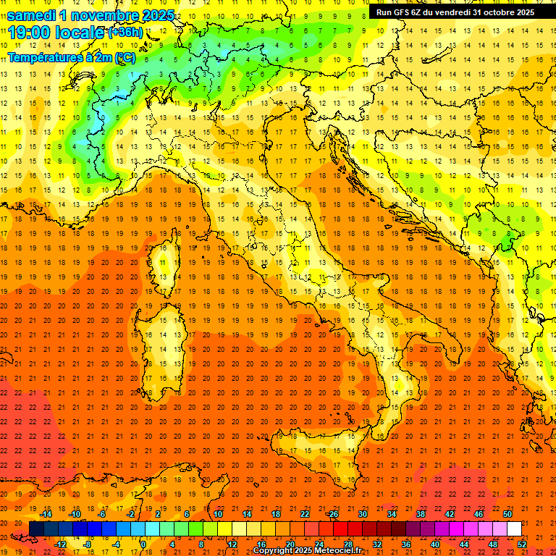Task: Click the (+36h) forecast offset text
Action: tap(125, 32)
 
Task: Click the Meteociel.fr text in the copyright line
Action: tap(340, 551)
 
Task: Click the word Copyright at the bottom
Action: tap(273, 551)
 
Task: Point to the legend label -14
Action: tap(46, 514)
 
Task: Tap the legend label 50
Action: tap(507, 514)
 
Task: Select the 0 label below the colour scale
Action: tap(143, 544)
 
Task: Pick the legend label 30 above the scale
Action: tap(362, 514)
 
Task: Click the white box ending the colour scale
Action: tap(514, 529)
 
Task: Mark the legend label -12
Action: tap(60, 544)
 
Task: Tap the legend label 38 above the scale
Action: tap(420, 514)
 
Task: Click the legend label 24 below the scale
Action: tap(319, 544)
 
